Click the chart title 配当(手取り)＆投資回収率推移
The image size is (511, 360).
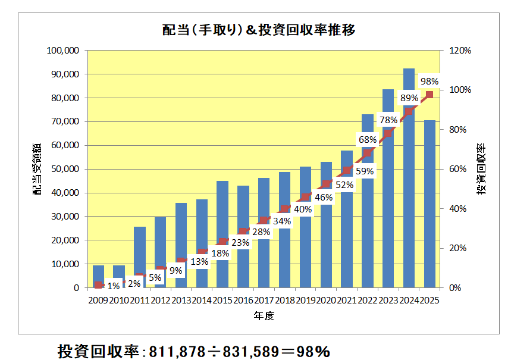[x=259, y=30]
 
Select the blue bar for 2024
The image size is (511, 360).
[x=409, y=179]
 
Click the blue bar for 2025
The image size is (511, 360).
[x=430, y=202]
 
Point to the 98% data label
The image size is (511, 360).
[x=429, y=81]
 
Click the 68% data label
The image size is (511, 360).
[x=367, y=140]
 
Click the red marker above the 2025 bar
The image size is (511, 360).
[x=430, y=95]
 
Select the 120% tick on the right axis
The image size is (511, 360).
[x=460, y=51]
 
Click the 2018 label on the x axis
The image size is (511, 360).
[x=284, y=299]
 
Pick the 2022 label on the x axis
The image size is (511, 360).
[x=367, y=299]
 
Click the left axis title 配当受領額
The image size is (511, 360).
[x=37, y=169]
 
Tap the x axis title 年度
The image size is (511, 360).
[x=264, y=316]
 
